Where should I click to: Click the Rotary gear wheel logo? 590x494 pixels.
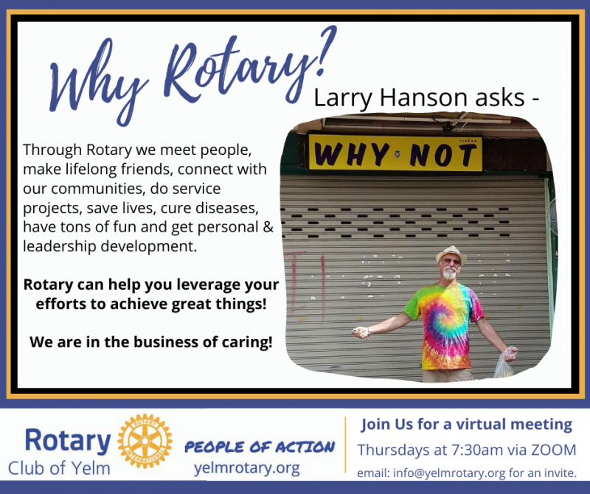coord(145,441)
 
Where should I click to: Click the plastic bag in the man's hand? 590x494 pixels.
coord(505,362)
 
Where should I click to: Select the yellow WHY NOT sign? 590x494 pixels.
coord(395,153)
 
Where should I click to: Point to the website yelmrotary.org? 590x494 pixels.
coord(247,468)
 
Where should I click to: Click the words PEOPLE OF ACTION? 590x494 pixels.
coord(260,447)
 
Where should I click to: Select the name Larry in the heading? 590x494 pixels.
coord(343,98)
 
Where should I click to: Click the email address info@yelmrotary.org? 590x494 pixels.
coord(449,473)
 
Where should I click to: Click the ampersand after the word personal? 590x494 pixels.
coord(268,227)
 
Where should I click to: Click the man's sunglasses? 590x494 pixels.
coord(451,261)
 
